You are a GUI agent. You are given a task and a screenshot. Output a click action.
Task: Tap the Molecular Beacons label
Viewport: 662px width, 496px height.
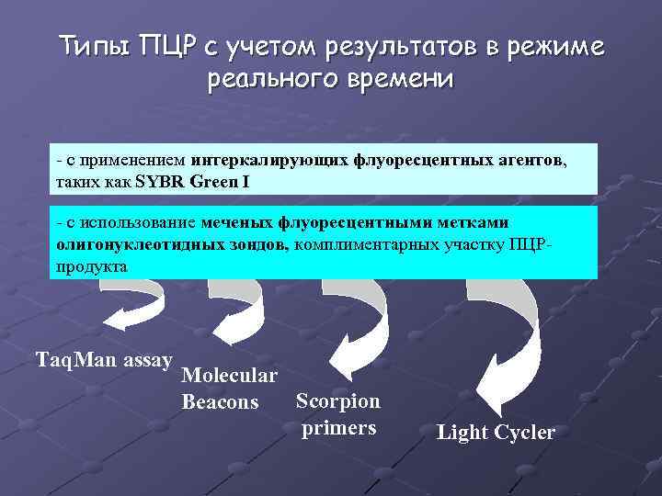click(x=230, y=389)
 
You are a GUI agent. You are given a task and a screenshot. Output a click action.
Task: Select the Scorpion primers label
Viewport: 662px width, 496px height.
click(x=338, y=414)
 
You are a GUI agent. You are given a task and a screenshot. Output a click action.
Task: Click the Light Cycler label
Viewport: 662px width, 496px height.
click(x=496, y=432)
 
